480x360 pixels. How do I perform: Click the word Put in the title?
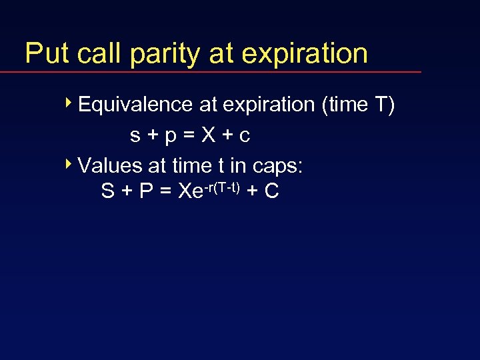click(47, 53)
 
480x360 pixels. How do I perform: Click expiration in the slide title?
click(304, 53)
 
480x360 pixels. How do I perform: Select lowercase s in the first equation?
click(135, 136)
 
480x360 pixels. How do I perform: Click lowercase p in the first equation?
click(171, 137)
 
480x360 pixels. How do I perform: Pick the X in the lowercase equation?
click(209, 135)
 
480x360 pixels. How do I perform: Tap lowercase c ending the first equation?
click(245, 136)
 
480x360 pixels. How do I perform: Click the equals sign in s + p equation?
click(189, 136)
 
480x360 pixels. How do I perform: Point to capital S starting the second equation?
click(107, 191)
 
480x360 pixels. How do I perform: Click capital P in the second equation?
click(145, 191)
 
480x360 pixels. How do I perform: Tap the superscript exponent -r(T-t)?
click(223, 185)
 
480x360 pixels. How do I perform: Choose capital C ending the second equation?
click(271, 191)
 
